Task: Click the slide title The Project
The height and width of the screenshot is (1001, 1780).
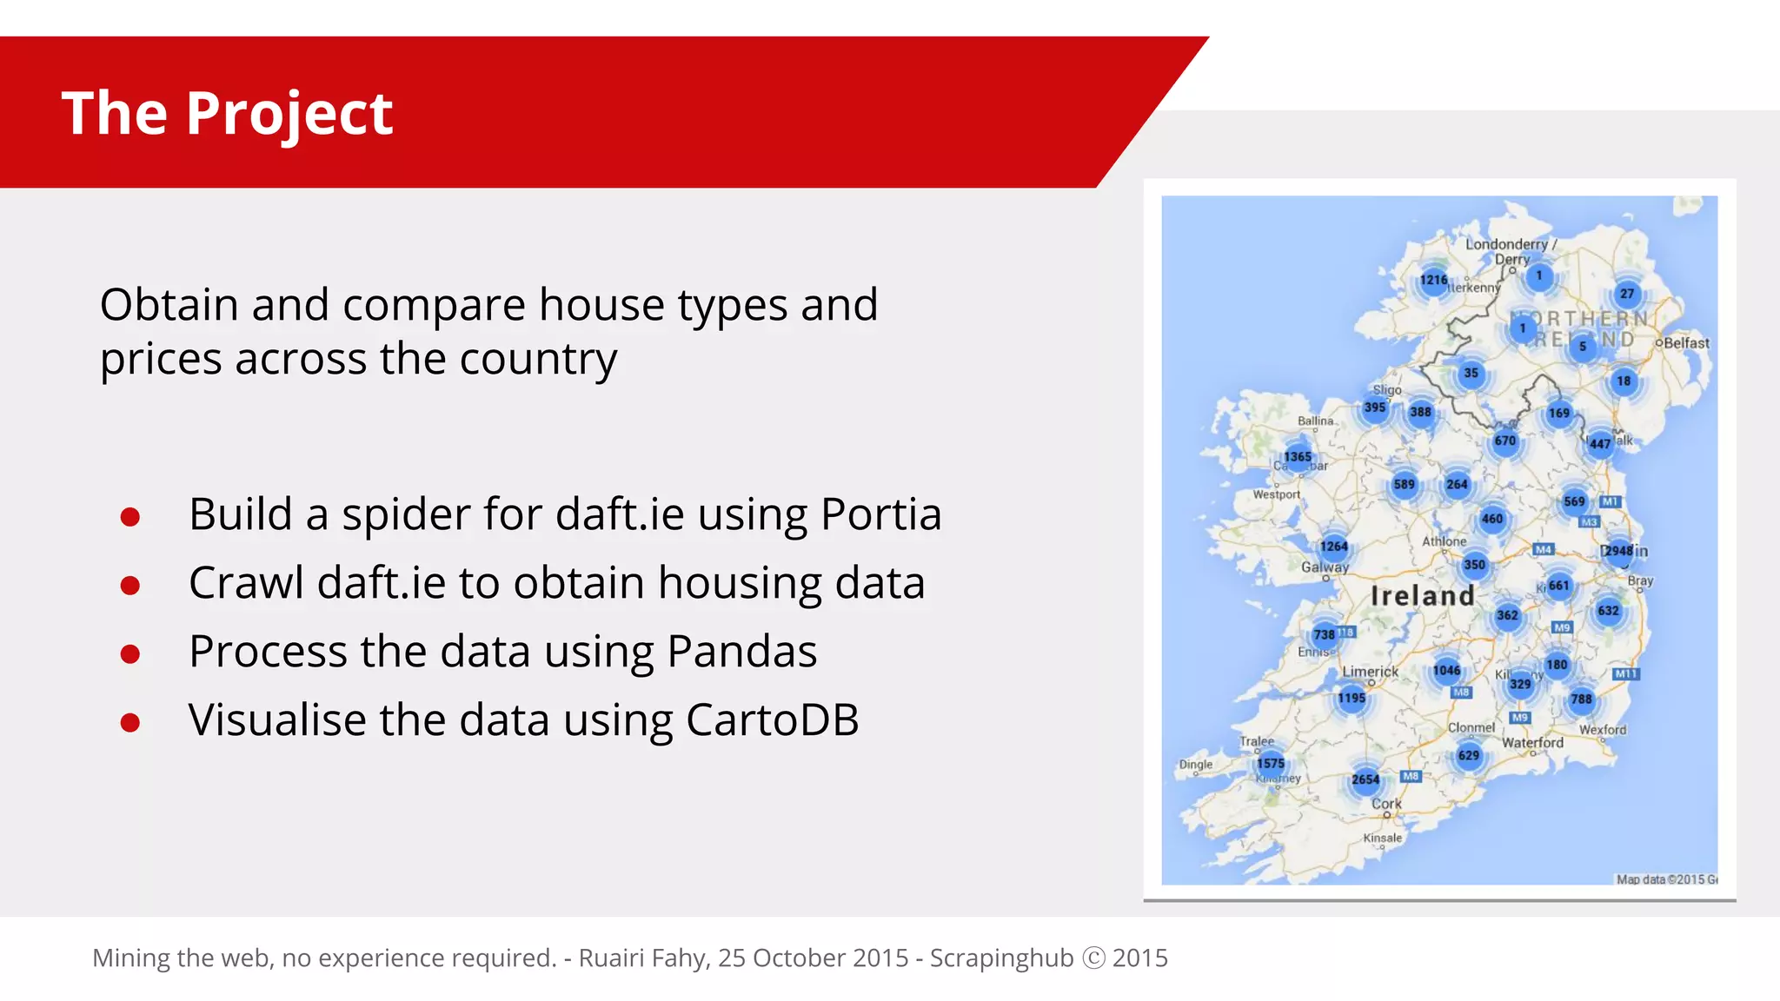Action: click(x=227, y=114)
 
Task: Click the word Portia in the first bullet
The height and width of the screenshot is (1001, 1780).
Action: click(x=880, y=514)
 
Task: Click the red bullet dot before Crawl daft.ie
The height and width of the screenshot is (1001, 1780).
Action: click(x=130, y=586)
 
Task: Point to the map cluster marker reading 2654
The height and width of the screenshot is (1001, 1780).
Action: click(x=1365, y=779)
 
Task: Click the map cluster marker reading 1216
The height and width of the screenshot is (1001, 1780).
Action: click(x=1433, y=280)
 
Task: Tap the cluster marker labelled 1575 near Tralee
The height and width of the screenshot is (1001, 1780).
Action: click(x=1270, y=763)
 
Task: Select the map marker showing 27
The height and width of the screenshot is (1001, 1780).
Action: click(x=1627, y=294)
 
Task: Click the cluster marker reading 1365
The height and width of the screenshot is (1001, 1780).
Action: click(x=1297, y=456)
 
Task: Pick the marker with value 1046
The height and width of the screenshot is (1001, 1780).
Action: click(x=1446, y=670)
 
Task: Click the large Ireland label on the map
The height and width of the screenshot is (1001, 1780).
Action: click(x=1422, y=596)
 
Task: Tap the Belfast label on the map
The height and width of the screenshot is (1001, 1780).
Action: click(x=1686, y=343)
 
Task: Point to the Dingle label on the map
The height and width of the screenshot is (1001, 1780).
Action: click(x=1196, y=765)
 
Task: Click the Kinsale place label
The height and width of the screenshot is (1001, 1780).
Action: click(x=1382, y=838)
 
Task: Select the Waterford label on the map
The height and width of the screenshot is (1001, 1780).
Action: click(x=1532, y=743)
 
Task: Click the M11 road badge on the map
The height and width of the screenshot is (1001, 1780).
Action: click(x=1625, y=674)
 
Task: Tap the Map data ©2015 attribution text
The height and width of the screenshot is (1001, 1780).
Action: click(x=1665, y=879)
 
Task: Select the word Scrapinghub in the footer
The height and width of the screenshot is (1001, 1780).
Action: click(x=1001, y=958)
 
